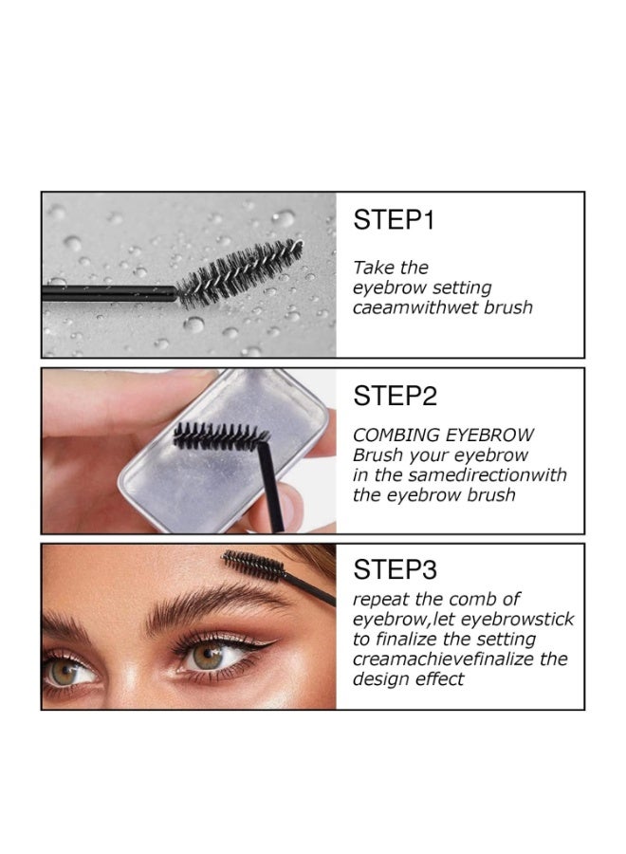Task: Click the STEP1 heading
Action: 394,221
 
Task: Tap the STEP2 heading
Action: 394,396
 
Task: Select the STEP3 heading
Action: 394,569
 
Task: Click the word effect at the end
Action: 443,679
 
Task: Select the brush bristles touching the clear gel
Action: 218,436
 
